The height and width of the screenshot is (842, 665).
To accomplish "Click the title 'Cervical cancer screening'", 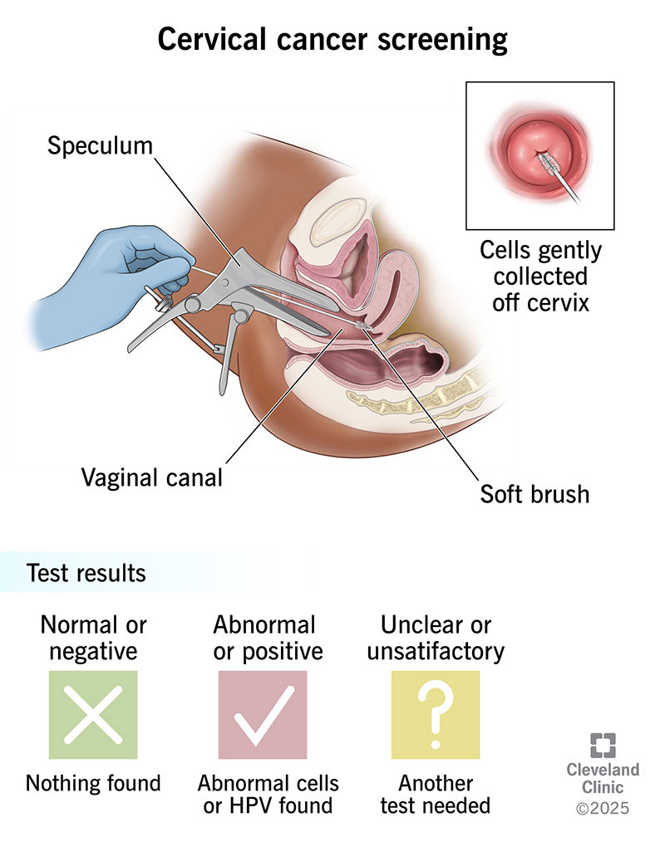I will [332, 39].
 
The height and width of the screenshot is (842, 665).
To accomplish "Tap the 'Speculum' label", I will [100, 146].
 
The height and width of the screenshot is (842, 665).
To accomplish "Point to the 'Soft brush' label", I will [534, 493].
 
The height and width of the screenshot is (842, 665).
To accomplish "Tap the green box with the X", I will [93, 714].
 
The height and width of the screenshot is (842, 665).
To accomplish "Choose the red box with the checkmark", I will [263, 714].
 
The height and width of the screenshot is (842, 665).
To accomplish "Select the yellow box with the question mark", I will [435, 714].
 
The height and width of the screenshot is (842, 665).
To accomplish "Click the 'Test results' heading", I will [86, 573].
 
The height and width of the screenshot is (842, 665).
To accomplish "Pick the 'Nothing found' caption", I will [93, 782].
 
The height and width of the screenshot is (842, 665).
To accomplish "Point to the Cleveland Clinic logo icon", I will [603, 746].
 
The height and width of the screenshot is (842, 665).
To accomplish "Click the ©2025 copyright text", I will [603, 807].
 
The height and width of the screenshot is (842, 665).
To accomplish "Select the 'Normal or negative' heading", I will [92, 637].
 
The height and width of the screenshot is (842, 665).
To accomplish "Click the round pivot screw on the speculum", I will [193, 305].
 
